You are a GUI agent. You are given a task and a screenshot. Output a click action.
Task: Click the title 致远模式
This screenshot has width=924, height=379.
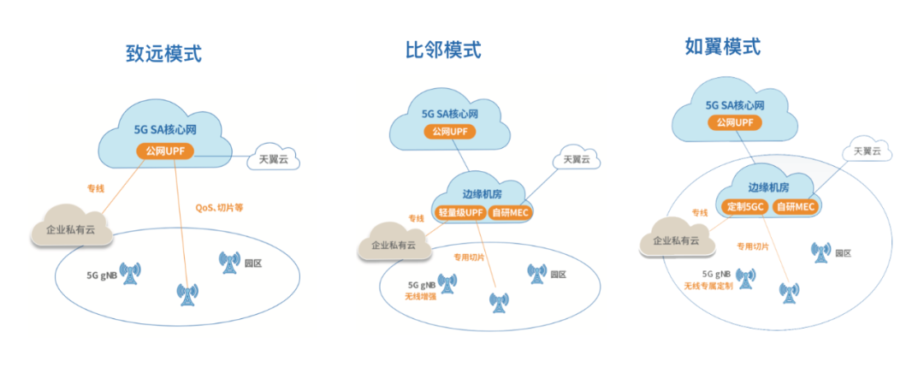(x=163, y=53)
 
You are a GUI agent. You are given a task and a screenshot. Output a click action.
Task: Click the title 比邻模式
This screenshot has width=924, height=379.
(x=443, y=50)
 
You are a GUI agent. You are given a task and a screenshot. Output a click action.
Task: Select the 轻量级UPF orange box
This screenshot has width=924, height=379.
(x=460, y=212)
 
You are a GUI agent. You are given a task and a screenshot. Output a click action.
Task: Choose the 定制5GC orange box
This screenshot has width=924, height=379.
(x=746, y=207)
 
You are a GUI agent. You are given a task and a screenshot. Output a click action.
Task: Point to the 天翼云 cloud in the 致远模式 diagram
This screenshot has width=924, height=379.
(x=275, y=160)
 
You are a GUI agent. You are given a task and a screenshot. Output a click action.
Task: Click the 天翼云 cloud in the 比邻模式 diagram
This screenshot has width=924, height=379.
(x=575, y=160)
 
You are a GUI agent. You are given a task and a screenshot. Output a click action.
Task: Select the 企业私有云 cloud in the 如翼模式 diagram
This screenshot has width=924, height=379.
(x=676, y=240)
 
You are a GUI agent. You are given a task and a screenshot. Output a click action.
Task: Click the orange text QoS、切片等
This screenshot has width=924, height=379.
(x=220, y=206)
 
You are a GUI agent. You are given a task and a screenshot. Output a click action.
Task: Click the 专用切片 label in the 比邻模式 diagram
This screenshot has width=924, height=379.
(x=469, y=257)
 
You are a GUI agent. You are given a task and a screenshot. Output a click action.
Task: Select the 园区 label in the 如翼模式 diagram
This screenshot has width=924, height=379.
(x=842, y=252)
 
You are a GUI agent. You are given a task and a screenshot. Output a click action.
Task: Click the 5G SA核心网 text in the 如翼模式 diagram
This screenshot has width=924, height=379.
(x=734, y=105)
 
